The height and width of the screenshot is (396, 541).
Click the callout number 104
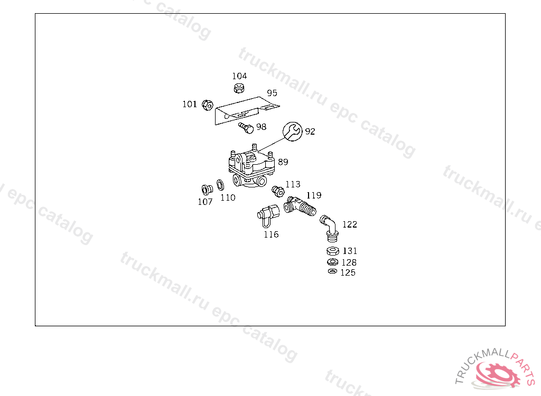(x=239, y=76)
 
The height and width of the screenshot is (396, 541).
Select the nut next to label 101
(x=207, y=105)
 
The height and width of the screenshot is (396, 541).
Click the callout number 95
(x=272, y=93)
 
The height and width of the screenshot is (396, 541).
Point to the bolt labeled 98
(x=245, y=127)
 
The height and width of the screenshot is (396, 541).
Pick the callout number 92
(x=310, y=131)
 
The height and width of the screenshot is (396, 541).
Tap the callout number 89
(x=283, y=162)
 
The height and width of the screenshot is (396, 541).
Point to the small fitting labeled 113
(x=276, y=190)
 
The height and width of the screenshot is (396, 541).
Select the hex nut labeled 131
(x=332, y=251)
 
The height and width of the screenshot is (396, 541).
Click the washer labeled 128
(x=332, y=262)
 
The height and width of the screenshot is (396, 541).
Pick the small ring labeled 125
(x=332, y=271)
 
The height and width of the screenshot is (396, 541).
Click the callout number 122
(x=350, y=224)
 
